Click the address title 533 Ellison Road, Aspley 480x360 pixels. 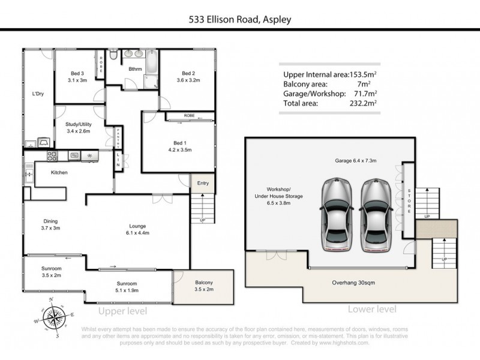click(x=240, y=19)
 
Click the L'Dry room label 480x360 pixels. click(x=38, y=94)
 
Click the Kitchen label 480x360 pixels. click(x=59, y=173)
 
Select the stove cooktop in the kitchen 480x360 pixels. click(x=52, y=156)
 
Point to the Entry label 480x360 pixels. click(x=202, y=183)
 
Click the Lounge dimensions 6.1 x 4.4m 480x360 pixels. click(x=137, y=232)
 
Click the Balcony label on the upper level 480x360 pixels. click(x=203, y=282)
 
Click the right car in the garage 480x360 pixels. click(x=376, y=215)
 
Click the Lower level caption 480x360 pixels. click(x=372, y=310)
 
